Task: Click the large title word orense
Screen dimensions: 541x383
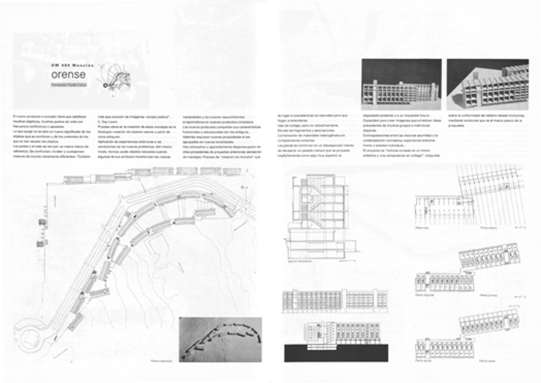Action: pyautogui.click(x=68, y=75)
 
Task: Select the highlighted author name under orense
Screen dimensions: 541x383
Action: pyautogui.click(x=69, y=85)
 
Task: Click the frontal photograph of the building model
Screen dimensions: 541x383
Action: pyautogui.click(x=401, y=84)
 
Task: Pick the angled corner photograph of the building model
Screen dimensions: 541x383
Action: pyautogui.click(x=487, y=84)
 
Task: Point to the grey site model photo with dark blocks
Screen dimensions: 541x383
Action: pyautogui.click(x=220, y=339)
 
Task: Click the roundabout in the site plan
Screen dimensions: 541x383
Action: pyautogui.click(x=30, y=338)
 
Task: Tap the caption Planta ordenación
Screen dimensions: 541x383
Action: pyautogui.click(x=161, y=361)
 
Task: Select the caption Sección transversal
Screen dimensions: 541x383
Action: pyautogui.click(x=300, y=261)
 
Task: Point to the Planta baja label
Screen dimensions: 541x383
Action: pyautogui.click(x=422, y=228)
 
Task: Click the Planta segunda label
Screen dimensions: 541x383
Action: pyautogui.click(x=425, y=295)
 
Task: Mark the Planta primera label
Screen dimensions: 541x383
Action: pyautogui.click(x=488, y=295)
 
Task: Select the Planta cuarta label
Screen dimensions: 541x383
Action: pyautogui.click(x=487, y=361)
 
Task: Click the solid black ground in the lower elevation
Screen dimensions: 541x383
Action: pyautogui.click(x=336, y=354)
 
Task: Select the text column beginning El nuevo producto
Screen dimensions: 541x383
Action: pyautogui.click(x=52, y=136)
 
